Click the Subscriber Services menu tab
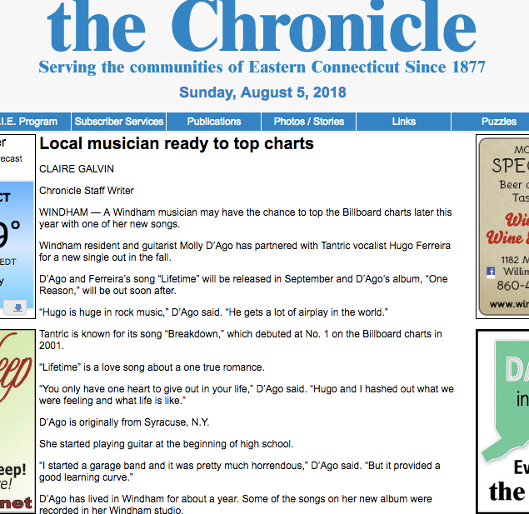point(119,122)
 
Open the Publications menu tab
point(214,122)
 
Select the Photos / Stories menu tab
point(308,122)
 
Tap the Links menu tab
point(403,122)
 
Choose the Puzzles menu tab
point(498,122)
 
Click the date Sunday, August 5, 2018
point(262,92)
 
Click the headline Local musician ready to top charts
point(177,144)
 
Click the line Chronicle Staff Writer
point(87,191)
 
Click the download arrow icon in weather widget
point(17,308)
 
